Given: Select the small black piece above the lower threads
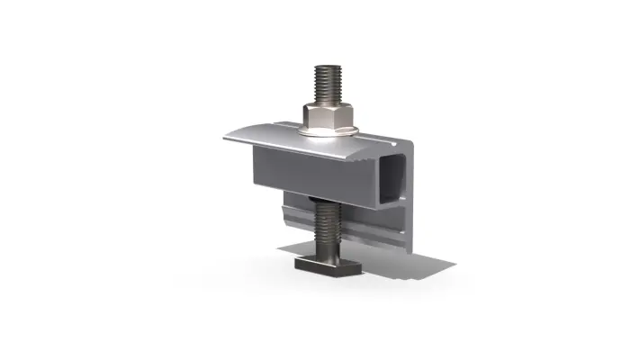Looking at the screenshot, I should (311, 201).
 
